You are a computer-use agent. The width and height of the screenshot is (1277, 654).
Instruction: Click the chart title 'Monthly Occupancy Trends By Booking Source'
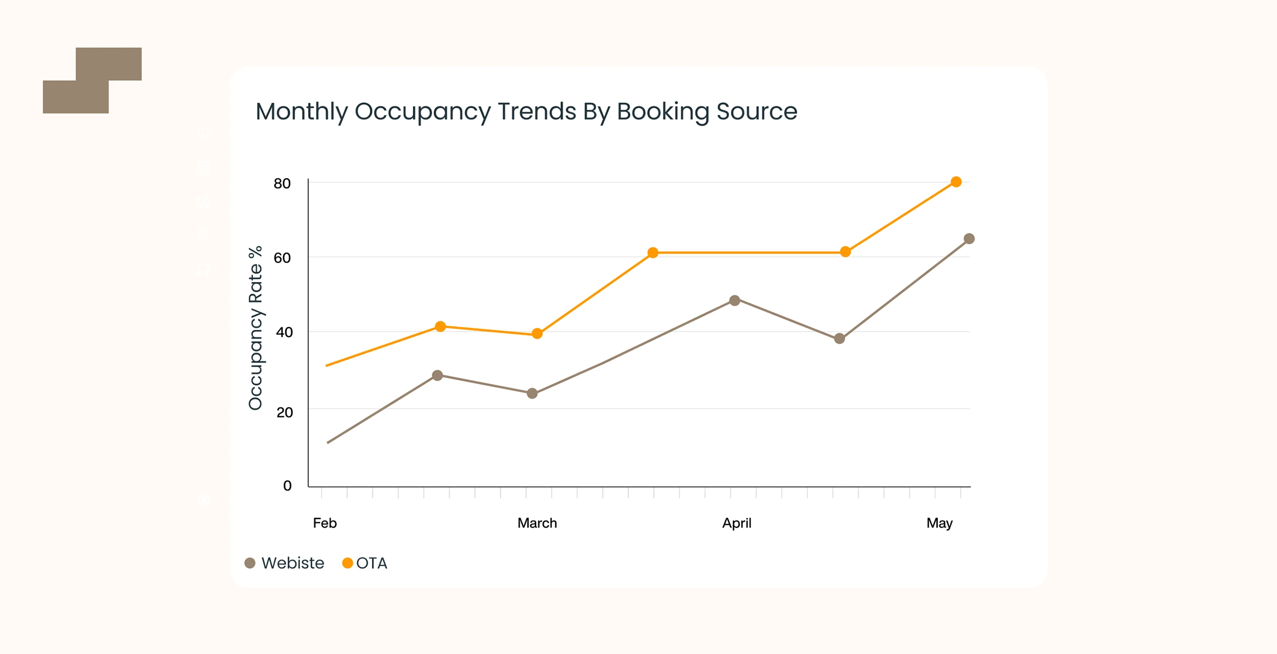526,111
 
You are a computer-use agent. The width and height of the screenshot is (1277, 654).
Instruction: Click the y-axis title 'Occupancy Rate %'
255,328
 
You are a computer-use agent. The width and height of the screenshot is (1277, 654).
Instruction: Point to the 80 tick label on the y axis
282,183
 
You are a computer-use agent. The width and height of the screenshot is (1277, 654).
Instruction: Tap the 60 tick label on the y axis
282,258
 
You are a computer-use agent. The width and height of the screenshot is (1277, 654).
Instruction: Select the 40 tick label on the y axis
284,333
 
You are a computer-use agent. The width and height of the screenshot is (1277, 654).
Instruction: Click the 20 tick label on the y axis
285,412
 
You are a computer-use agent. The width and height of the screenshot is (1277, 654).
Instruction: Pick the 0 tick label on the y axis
288,485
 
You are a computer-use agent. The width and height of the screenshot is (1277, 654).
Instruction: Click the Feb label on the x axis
325,523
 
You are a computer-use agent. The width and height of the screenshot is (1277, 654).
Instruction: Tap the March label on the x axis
537,523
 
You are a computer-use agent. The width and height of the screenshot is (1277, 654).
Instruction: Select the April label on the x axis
737,523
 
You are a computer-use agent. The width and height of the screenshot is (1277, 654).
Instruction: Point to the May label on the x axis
939,523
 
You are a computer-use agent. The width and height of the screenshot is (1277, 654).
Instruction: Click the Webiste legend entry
285,563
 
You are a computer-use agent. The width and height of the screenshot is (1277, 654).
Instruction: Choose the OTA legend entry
365,563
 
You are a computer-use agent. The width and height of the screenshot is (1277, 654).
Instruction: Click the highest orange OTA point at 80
956,182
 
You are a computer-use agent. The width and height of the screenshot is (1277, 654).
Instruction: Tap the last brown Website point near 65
969,239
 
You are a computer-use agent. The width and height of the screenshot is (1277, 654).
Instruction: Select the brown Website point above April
735,300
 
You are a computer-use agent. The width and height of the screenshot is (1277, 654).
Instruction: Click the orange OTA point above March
537,334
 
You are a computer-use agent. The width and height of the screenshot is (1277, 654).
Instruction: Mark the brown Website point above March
532,393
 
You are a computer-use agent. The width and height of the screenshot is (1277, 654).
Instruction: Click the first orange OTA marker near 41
440,326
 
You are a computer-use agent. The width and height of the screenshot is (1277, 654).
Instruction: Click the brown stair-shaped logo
92,80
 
